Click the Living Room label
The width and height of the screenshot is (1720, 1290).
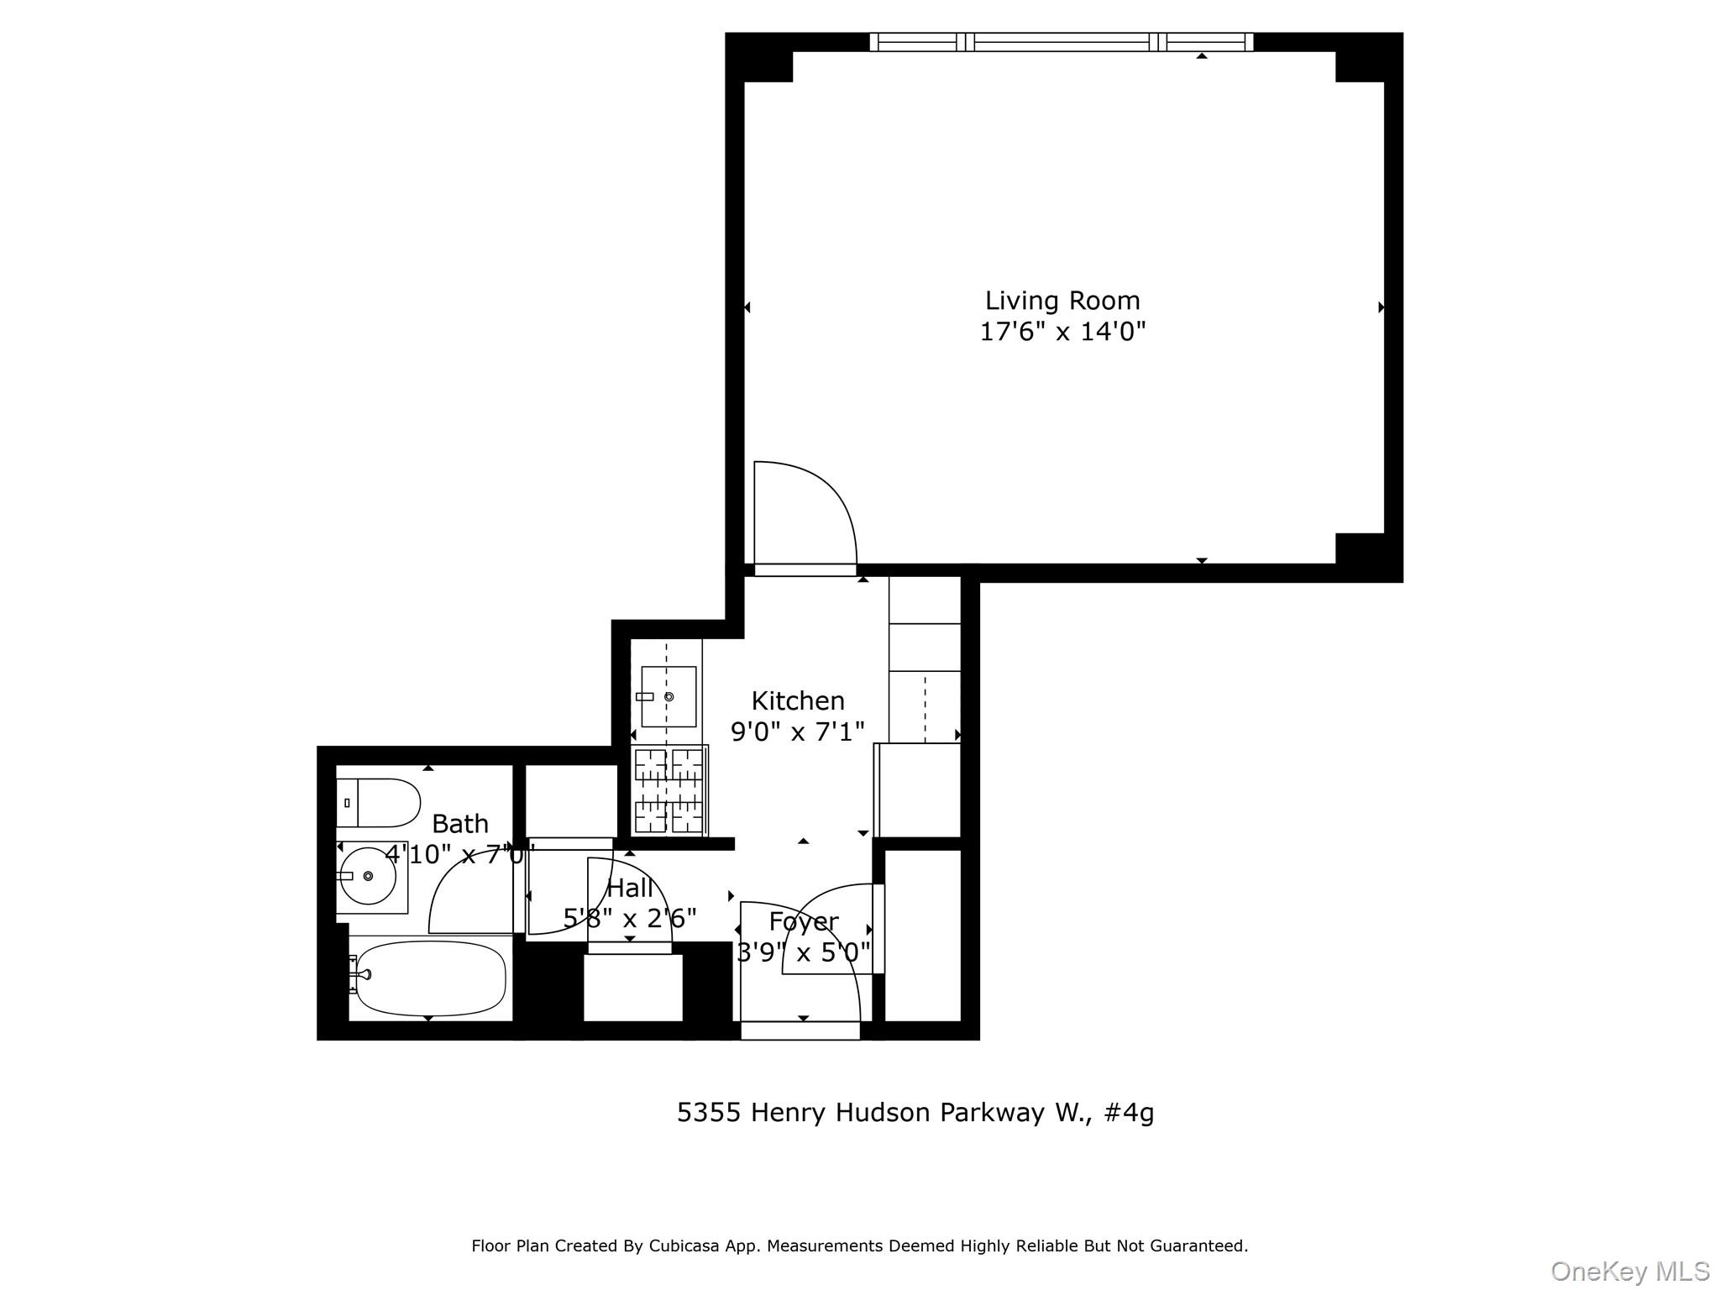(x=1062, y=301)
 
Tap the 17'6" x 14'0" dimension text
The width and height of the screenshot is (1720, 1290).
(x=1062, y=332)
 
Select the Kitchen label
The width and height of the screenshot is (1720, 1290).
(x=798, y=700)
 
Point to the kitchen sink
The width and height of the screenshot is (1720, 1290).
(x=669, y=696)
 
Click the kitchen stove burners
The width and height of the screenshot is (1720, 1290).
(x=669, y=790)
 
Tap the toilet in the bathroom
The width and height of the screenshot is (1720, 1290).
(x=378, y=803)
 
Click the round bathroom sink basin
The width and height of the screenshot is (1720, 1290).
(x=368, y=876)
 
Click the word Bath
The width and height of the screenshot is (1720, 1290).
(x=460, y=824)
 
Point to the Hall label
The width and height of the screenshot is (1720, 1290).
(x=630, y=888)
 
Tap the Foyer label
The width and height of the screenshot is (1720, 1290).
(x=804, y=922)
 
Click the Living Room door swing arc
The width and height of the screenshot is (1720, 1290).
(x=827, y=490)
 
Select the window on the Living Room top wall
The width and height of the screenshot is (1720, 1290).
(x=1062, y=42)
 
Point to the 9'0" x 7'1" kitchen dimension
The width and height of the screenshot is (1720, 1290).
(x=798, y=732)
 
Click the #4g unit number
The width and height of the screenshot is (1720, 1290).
(x=1130, y=1113)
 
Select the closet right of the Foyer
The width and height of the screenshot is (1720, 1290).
(x=923, y=936)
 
